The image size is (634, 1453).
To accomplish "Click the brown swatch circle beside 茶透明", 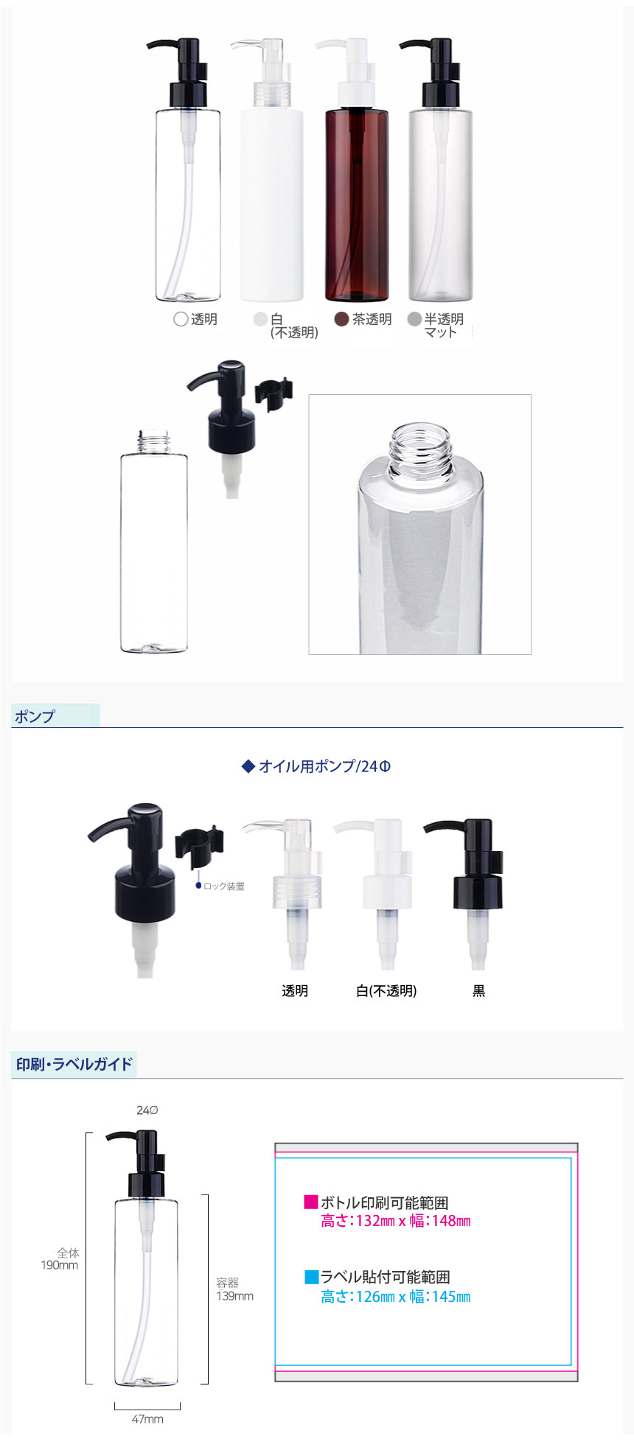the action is pyautogui.click(x=341, y=319).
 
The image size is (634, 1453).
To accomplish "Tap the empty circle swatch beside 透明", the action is pyautogui.click(x=181, y=319).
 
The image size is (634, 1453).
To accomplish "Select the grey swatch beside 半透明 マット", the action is pyautogui.click(x=414, y=319).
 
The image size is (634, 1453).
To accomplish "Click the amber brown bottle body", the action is pyautogui.click(x=357, y=205).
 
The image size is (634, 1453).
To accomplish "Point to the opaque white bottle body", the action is pyautogui.click(x=272, y=205).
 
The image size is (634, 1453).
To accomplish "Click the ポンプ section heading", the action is pyautogui.click(x=35, y=716).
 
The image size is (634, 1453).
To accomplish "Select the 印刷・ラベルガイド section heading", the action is pyautogui.click(x=74, y=1064).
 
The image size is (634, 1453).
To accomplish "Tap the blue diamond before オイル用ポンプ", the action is pyautogui.click(x=248, y=766).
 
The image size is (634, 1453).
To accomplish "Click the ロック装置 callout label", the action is pyautogui.click(x=224, y=886).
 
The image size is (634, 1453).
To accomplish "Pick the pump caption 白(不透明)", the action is pyautogui.click(x=386, y=991).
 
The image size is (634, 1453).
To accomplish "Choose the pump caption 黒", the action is pyautogui.click(x=478, y=991).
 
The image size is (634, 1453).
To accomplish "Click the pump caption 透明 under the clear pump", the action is pyautogui.click(x=295, y=991).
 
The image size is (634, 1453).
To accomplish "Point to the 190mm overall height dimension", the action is pyautogui.click(x=59, y=1265).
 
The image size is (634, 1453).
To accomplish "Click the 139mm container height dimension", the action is pyautogui.click(x=234, y=1296).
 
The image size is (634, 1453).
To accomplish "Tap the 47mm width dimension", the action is pyautogui.click(x=147, y=1419).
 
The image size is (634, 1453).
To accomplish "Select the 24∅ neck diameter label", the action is pyautogui.click(x=147, y=1110).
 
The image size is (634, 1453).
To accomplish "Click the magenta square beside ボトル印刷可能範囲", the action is pyautogui.click(x=311, y=1202).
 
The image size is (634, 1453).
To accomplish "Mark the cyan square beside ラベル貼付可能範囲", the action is pyautogui.click(x=311, y=1276).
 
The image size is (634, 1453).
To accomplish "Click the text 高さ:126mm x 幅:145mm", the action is pyautogui.click(x=396, y=1297).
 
